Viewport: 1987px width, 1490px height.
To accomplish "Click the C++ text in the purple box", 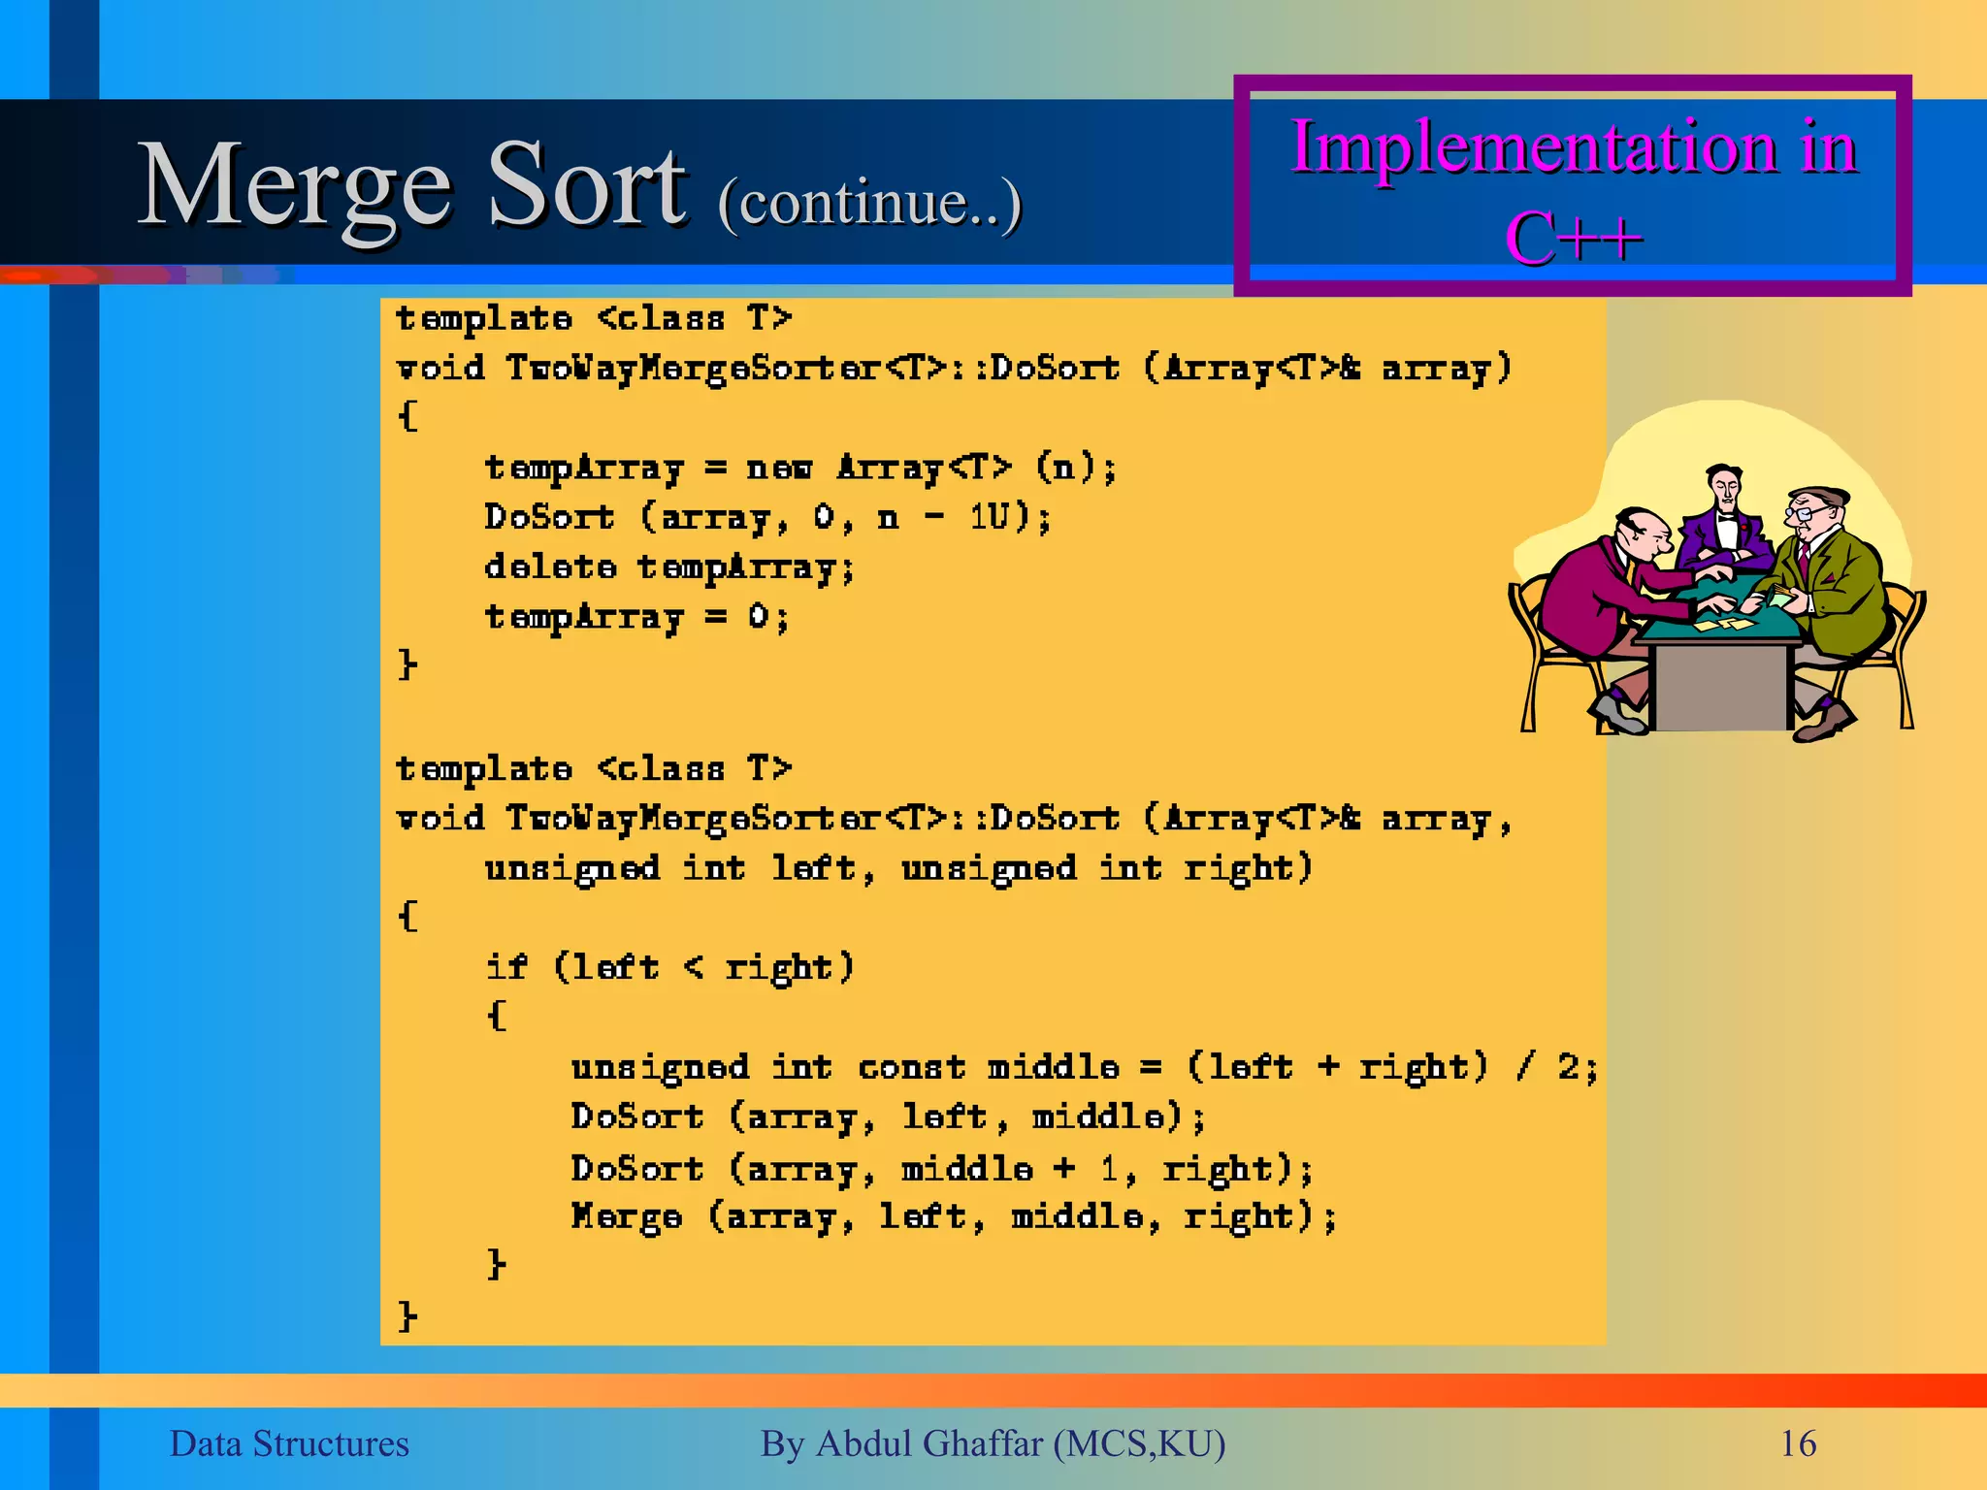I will click(x=1573, y=238).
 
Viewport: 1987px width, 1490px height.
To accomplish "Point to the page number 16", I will click(x=1798, y=1443).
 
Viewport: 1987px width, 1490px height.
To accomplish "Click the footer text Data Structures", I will click(x=289, y=1443).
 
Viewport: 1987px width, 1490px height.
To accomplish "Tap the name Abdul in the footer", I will click(x=865, y=1443).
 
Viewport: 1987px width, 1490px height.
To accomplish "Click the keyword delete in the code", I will click(x=550, y=567).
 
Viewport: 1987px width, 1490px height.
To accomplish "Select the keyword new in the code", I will click(x=778, y=468).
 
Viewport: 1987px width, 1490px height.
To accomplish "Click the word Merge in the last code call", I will click(x=626, y=1216).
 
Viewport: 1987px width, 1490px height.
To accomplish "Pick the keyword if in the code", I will click(x=505, y=966).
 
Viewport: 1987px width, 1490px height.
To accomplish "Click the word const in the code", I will click(x=911, y=1067).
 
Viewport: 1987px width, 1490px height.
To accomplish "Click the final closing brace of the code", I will click(x=407, y=1315).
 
